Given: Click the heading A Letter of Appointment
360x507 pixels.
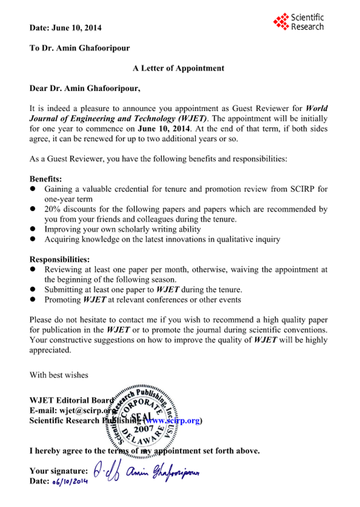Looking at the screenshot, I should click(178, 68).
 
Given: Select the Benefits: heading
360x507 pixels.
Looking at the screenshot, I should click(46, 179).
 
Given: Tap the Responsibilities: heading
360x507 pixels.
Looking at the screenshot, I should click(60, 259).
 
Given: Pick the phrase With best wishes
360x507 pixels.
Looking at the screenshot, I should click(58, 375).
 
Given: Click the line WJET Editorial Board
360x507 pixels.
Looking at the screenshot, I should click(71, 400).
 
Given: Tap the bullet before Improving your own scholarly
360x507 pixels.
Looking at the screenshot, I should click(34, 229).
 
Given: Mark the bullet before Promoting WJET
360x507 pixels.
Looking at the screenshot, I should click(34, 300).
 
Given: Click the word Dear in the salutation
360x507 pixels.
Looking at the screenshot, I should click(38, 88).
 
